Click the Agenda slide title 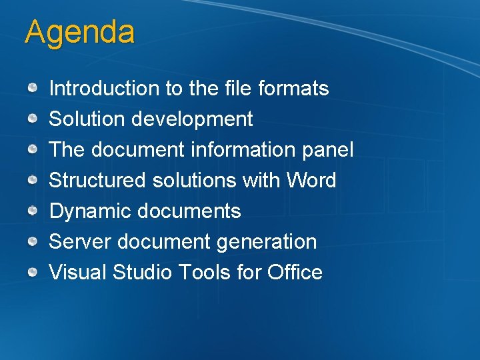click(79, 32)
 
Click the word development click(192, 119)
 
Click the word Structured click(98, 181)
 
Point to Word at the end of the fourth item click(311, 181)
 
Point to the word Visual click(78, 273)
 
